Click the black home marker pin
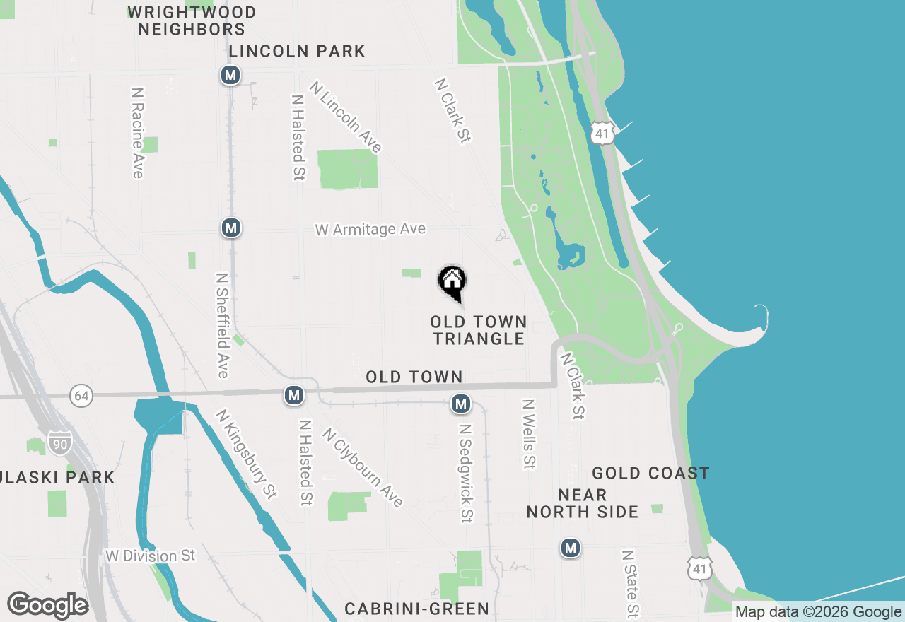[x=452, y=281]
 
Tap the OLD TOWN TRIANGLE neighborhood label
[x=479, y=331]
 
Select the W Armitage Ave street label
[x=370, y=230]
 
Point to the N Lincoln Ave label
[x=346, y=117]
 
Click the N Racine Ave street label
[x=137, y=133]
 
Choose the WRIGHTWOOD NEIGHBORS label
[x=192, y=20]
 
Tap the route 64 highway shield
[x=81, y=396]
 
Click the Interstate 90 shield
[x=60, y=442]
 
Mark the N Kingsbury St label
[x=246, y=454]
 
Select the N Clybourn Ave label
[x=363, y=467]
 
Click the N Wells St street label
[x=528, y=434]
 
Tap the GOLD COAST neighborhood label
[x=650, y=474]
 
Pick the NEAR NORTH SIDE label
[x=583, y=503]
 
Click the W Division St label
[x=150, y=556]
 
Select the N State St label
[x=631, y=584]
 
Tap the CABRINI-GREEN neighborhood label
[x=416, y=609]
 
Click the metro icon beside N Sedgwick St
[x=461, y=404]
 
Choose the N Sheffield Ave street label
[x=222, y=325]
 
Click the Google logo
[x=47, y=606]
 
